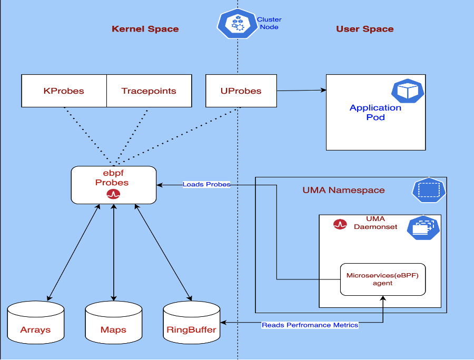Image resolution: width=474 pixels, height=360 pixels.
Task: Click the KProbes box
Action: pos(64,91)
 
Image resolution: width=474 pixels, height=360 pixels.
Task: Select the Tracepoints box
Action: pos(149,91)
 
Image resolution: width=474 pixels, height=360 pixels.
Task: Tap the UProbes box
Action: pos(241,91)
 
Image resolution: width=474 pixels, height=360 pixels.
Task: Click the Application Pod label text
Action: pos(375,112)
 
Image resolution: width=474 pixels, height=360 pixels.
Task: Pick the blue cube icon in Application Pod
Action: pos(407,91)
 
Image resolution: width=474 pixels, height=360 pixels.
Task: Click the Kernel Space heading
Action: pos(145,29)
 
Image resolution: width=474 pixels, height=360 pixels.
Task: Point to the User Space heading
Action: pos(364,29)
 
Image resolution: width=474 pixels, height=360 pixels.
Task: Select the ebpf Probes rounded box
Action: pos(114,184)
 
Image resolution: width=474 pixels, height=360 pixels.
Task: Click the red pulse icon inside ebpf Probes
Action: pos(113,194)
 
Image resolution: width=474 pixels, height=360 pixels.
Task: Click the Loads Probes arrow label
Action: pos(206,184)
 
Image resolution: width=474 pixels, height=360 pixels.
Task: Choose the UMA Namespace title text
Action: pos(343,190)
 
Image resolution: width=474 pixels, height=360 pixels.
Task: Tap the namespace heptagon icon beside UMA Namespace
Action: pos(428,190)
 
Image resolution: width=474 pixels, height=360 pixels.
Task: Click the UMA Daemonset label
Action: pos(376,223)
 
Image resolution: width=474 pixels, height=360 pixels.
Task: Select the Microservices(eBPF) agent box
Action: pos(382,279)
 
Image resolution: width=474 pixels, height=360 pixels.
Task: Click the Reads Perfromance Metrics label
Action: pos(310,325)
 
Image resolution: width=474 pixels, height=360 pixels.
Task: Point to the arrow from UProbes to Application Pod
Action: pos(301,91)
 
